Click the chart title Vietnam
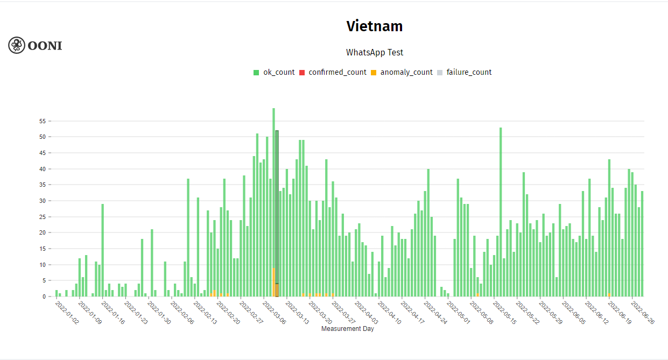click(x=375, y=26)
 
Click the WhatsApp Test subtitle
click(x=375, y=52)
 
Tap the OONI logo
click(x=36, y=45)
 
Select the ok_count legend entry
click(x=274, y=72)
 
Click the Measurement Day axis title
click(x=347, y=329)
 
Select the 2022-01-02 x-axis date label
click(x=67, y=313)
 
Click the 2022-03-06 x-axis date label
click(x=275, y=313)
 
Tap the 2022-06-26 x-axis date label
click(x=643, y=313)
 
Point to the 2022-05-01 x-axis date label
click(x=460, y=313)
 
